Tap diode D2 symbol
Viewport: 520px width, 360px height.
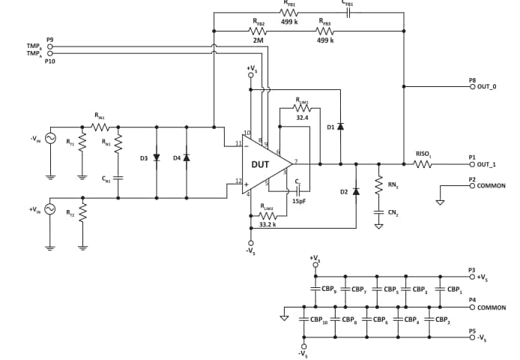pos(356,191)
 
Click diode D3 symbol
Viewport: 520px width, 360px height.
pos(156,158)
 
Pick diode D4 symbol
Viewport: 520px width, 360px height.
pos(186,158)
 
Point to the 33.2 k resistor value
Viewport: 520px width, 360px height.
pos(267,224)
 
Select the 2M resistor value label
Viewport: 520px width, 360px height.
pos(258,40)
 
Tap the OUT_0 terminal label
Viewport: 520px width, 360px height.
pos(487,87)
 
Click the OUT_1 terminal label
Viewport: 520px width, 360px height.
pos(487,164)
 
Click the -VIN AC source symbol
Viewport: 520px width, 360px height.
pos(50,138)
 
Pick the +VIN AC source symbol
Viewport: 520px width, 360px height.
pos(50,209)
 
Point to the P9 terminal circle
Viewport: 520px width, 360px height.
pos(51,46)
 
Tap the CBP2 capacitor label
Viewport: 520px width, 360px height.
pos(442,319)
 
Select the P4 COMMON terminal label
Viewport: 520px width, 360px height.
pos(491,307)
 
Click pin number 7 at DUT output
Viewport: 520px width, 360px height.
pos(297,160)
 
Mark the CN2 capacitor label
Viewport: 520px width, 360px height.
pos(393,212)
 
